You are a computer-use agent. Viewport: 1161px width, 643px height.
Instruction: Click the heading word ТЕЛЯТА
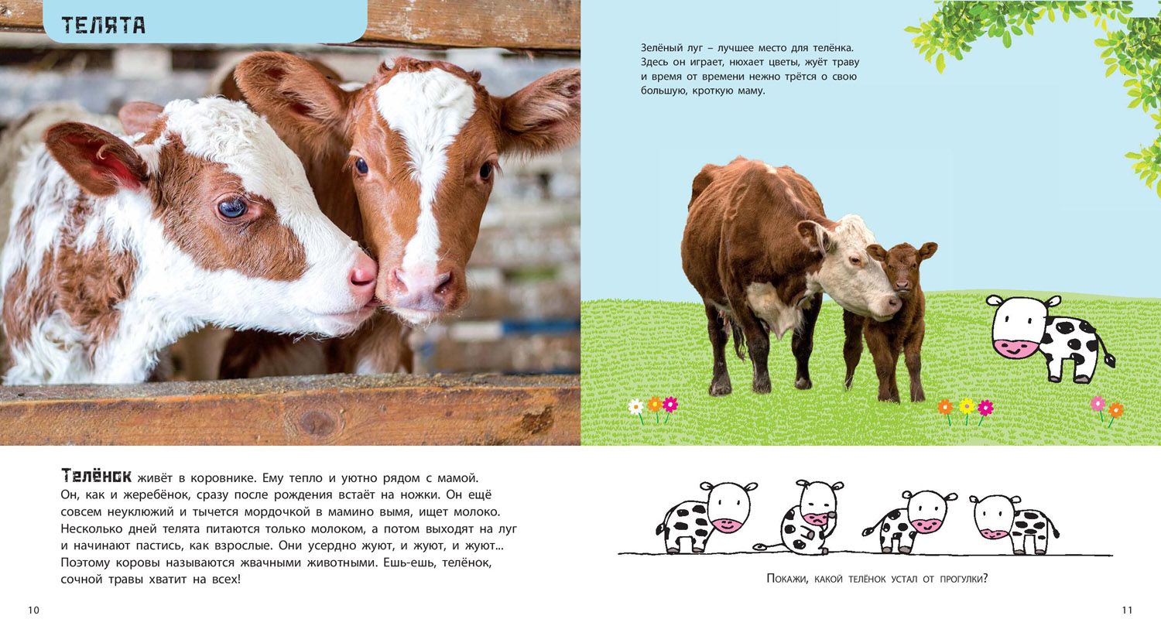click(x=103, y=26)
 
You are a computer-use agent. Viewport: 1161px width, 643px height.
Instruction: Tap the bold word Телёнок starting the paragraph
click(x=97, y=476)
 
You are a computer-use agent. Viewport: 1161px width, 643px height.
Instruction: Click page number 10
click(x=34, y=610)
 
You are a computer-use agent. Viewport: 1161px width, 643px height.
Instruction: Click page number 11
click(x=1127, y=610)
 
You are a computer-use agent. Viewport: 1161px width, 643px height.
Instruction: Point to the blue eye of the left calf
click(x=232, y=207)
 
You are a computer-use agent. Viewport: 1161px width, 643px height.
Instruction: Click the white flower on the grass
click(x=636, y=406)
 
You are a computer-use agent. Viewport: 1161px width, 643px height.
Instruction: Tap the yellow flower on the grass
click(x=966, y=405)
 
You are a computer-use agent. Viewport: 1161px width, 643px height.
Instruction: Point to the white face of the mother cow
click(x=855, y=269)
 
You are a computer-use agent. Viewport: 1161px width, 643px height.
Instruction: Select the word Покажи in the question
click(x=787, y=579)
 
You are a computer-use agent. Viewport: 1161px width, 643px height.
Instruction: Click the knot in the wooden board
click(x=317, y=422)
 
